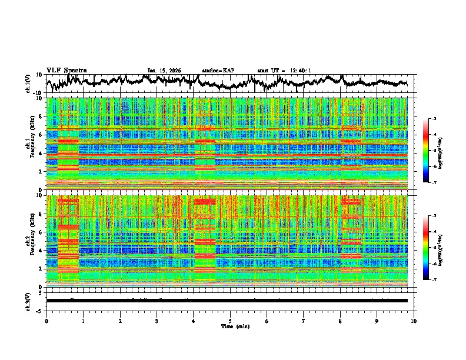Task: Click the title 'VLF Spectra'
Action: tap(66, 70)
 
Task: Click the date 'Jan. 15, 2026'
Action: tap(164, 71)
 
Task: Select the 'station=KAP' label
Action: tap(218, 71)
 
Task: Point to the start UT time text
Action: tap(284, 71)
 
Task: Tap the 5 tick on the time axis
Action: tap(230, 321)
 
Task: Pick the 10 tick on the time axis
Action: tap(414, 321)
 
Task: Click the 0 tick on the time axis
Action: tap(46, 321)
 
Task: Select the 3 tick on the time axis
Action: tap(157, 321)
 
